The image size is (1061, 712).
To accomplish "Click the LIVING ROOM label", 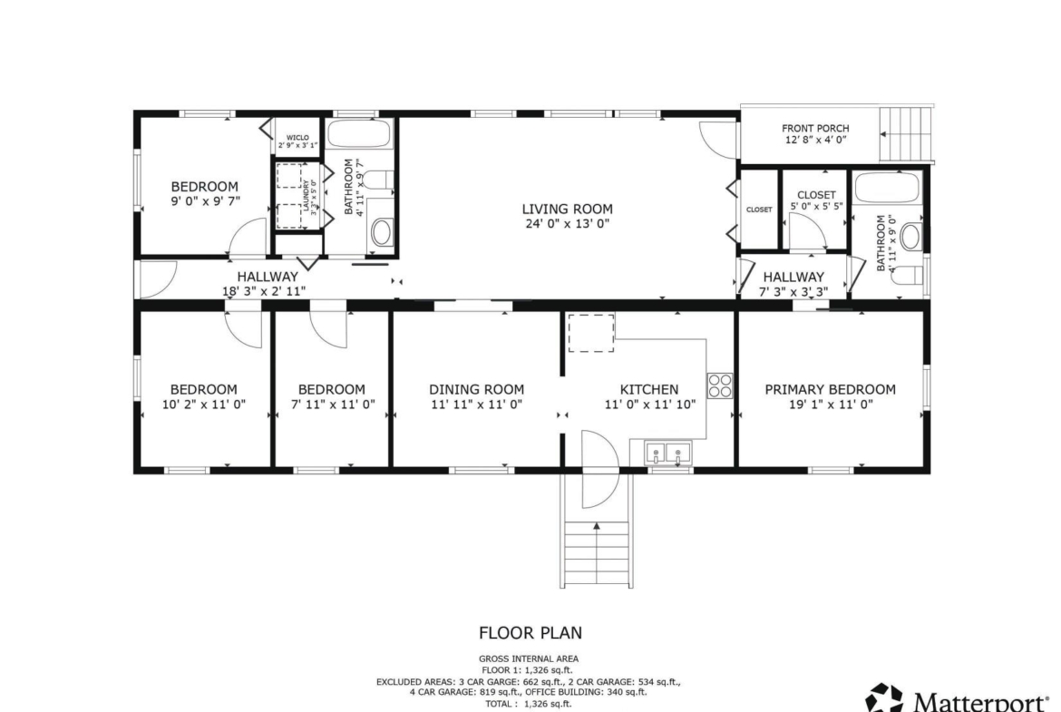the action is [567, 210].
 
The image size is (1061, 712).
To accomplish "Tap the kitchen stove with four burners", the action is [720, 385].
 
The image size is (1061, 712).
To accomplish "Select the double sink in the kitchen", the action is [667, 453].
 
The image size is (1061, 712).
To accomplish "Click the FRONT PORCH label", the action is [815, 128].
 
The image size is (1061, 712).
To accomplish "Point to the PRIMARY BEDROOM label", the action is [831, 389].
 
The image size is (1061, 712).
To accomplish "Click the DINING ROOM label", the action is [476, 389].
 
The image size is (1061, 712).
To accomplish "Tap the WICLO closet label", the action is [297, 137].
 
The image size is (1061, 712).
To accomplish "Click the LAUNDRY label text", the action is [306, 196].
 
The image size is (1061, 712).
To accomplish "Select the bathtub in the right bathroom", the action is [886, 188].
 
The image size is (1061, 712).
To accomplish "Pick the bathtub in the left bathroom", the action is [359, 133].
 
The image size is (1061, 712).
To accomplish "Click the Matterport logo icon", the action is [884, 697].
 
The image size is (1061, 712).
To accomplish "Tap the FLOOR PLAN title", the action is [530, 633].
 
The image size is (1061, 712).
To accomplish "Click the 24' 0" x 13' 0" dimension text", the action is [567, 224].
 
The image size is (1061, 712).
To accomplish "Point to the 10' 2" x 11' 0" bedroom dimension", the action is [204, 404].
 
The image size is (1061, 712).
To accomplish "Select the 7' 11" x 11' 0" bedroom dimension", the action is [332, 404].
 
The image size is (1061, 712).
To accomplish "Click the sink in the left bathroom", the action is [382, 232].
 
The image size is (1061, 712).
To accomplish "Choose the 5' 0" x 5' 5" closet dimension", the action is [817, 206].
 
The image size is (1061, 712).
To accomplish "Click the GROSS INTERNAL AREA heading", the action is [529, 658].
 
